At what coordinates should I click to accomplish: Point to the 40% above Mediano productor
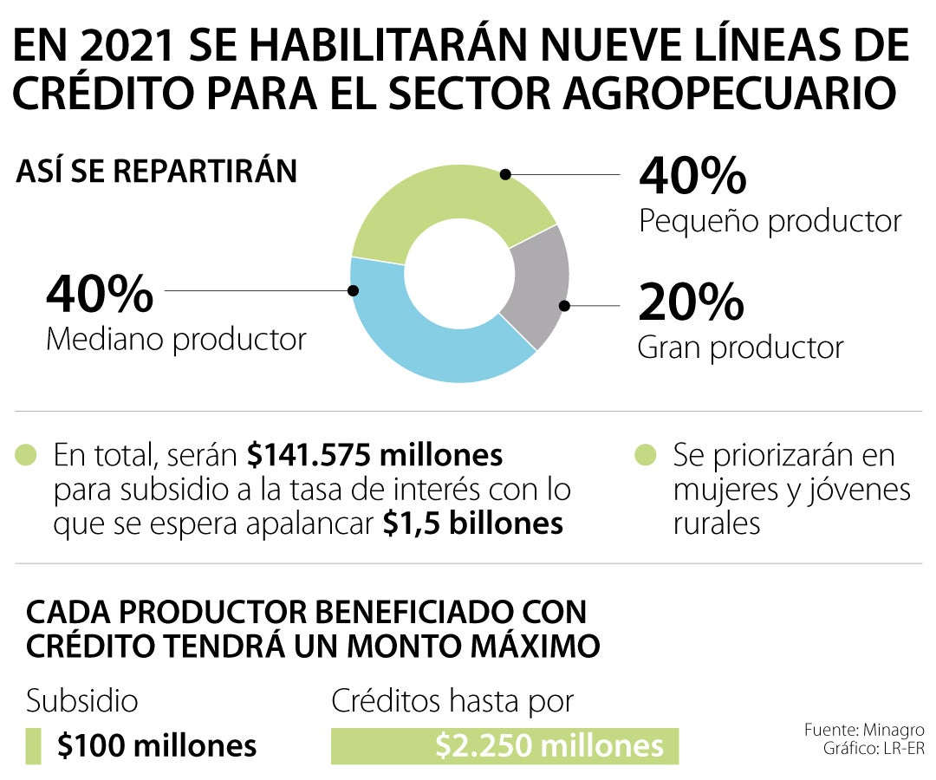[100, 294]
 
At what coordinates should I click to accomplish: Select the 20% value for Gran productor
[691, 302]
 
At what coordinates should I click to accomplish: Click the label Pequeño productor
[770, 221]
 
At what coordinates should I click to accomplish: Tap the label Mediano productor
[176, 339]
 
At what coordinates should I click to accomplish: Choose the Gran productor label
[740, 348]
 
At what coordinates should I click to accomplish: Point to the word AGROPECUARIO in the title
[728, 94]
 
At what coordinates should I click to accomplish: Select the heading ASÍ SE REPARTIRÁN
[156, 172]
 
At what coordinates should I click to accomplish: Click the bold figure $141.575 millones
[374, 455]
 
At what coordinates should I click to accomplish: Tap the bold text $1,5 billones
[473, 523]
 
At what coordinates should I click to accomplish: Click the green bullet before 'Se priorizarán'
[644, 454]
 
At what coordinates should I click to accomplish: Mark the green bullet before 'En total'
[26, 454]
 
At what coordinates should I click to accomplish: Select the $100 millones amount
[157, 745]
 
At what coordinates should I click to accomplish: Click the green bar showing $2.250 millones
[504, 745]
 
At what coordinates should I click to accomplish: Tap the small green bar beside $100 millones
[34, 745]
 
